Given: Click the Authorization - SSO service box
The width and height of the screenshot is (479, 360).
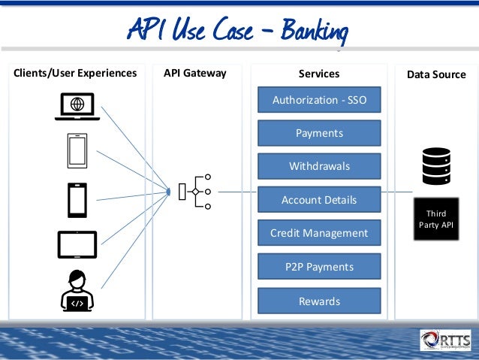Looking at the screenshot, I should pyautogui.click(x=319, y=100).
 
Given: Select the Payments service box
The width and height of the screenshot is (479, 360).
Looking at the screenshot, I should pyautogui.click(x=319, y=133).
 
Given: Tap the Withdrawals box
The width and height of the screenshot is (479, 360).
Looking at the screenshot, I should pyautogui.click(x=319, y=166).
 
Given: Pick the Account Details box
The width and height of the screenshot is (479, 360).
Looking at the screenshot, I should pyautogui.click(x=319, y=200).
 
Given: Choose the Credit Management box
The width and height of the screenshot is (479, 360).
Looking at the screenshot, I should pyautogui.click(x=319, y=233).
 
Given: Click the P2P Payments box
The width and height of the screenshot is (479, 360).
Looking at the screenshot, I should pyautogui.click(x=319, y=267).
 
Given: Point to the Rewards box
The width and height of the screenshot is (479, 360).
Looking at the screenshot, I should pyautogui.click(x=319, y=301).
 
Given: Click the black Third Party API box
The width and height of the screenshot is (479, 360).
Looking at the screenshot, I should pyautogui.click(x=435, y=219).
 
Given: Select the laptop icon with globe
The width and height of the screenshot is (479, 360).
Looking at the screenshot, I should pyautogui.click(x=77, y=107).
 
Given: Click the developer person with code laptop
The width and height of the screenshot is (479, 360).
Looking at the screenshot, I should pyautogui.click(x=77, y=290).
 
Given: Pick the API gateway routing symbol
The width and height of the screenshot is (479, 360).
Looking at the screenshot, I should pyautogui.click(x=194, y=192).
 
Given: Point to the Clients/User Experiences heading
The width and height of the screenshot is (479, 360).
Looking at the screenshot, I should pyautogui.click(x=75, y=74).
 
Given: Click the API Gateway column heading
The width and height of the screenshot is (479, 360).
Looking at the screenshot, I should pyautogui.click(x=194, y=74).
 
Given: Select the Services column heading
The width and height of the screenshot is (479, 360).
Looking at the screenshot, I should pyautogui.click(x=319, y=74).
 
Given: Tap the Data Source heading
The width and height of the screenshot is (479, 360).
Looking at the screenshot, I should pyautogui.click(x=436, y=74).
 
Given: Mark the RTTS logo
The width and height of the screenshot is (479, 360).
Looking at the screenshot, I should pyautogui.click(x=446, y=340).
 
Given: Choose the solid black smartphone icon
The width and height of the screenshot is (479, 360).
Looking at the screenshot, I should pyautogui.click(x=77, y=200).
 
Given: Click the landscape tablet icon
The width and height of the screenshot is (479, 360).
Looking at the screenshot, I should pyautogui.click(x=77, y=244).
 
